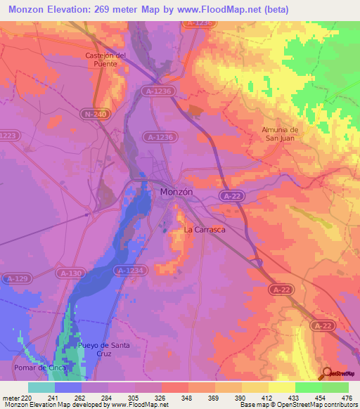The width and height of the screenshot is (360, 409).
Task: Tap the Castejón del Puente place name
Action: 105,59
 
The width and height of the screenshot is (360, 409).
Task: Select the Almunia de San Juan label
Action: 280,134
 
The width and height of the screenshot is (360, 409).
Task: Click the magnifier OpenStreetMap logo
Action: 328,373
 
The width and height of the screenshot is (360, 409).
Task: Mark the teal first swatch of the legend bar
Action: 41,387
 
